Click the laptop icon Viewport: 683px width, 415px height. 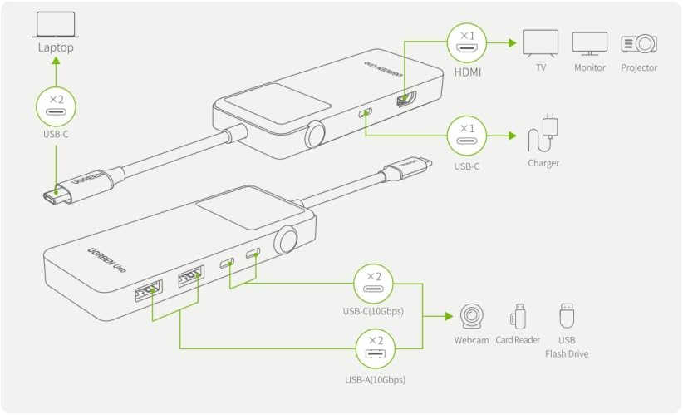pyautogui.click(x=55, y=24)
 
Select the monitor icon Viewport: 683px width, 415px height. pyautogui.click(x=589, y=42)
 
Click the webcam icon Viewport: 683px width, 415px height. pyautogui.click(x=471, y=317)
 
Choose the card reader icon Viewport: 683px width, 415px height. pyautogui.click(x=518, y=315)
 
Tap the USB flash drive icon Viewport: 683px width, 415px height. pyautogui.click(x=567, y=315)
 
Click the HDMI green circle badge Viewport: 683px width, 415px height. pyautogui.click(x=466, y=41)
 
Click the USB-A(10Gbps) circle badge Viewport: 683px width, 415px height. pyautogui.click(x=374, y=349)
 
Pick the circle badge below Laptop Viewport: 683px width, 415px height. pyautogui.click(x=55, y=106)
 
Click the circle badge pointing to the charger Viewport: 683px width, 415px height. pyautogui.click(x=466, y=133)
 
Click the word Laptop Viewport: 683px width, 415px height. pyautogui.click(x=56, y=47)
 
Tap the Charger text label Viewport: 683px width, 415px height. pyautogui.click(x=543, y=163)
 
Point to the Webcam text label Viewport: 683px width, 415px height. pyautogui.click(x=471, y=340)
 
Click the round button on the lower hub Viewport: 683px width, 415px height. pyautogui.click(x=287, y=240)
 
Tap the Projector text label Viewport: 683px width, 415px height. pyautogui.click(x=638, y=67)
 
